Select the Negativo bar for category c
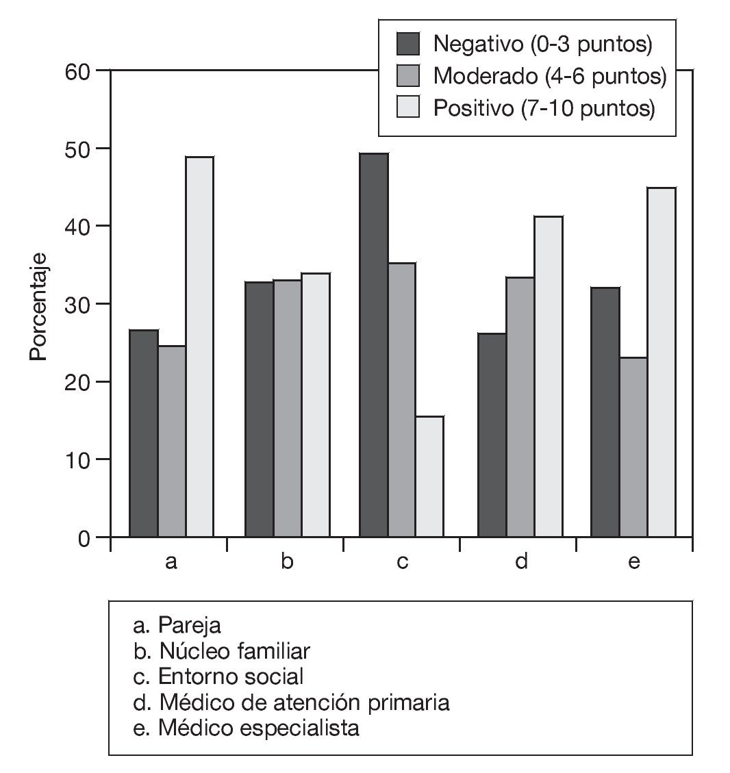pyautogui.click(x=373, y=346)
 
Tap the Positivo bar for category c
pyautogui.click(x=429, y=477)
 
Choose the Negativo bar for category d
pyautogui.click(x=492, y=435)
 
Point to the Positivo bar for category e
pyautogui.click(x=662, y=362)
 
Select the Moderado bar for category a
pyautogui.click(x=172, y=442)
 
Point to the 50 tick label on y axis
pyautogui.click(x=77, y=149)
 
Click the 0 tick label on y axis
pyautogui.click(x=84, y=537)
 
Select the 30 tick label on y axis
pyautogui.click(x=77, y=304)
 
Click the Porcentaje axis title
pyautogui.click(x=38, y=304)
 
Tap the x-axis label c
pyautogui.click(x=402, y=562)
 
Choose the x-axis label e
pyautogui.click(x=633, y=562)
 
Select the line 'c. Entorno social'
pyautogui.click(x=218, y=676)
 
